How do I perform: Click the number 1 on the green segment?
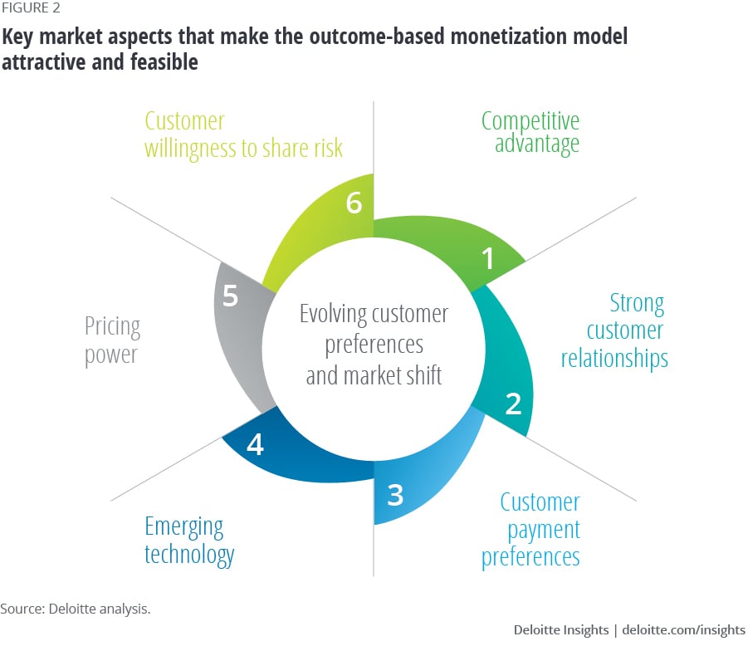[488, 260]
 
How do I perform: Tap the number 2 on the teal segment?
[513, 404]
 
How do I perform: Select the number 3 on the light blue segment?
[395, 495]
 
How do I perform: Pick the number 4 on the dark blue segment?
[256, 445]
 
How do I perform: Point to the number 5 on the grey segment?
[231, 296]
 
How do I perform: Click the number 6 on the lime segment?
[354, 203]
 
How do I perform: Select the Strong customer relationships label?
[614, 330]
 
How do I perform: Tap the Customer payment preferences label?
[531, 530]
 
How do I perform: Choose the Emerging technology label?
[189, 540]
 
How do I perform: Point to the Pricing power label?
[112, 340]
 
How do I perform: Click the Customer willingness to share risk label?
[243, 135]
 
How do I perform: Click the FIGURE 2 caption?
[30, 9]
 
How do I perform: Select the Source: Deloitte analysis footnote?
[75, 609]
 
